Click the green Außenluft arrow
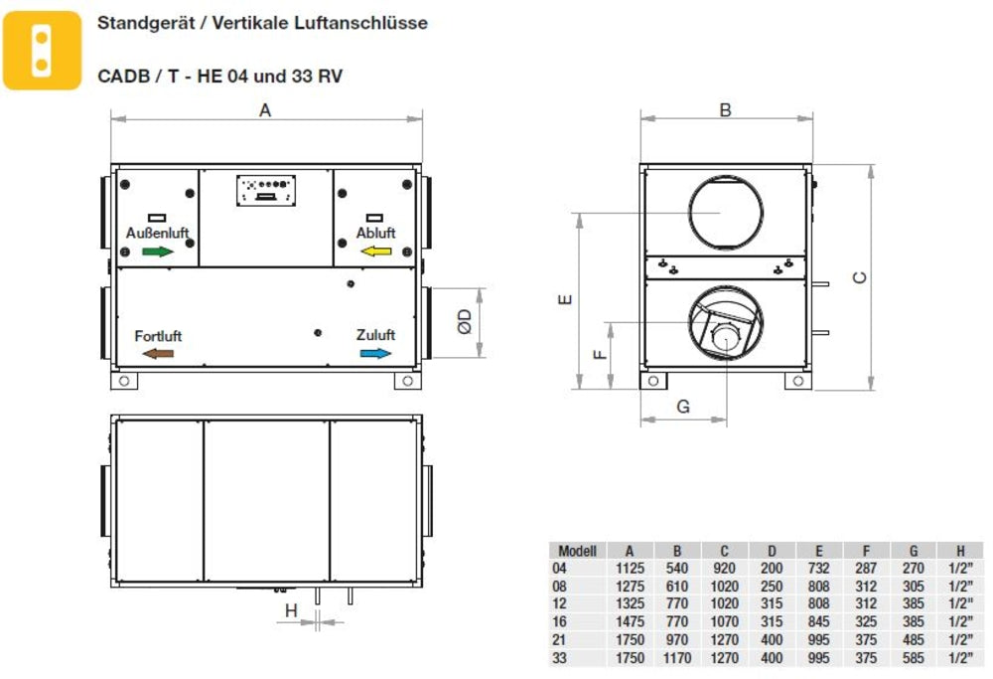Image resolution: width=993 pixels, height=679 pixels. point(158,252)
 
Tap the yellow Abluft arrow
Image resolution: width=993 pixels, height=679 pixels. point(376,252)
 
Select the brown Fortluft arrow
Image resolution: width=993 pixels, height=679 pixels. point(158,353)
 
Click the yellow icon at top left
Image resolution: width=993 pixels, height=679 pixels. point(41,50)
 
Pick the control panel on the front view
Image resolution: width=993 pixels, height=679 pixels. point(266,190)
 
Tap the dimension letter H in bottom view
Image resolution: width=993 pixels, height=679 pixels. point(291,610)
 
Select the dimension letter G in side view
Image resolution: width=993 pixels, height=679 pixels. point(682,406)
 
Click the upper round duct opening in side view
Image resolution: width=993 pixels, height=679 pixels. point(726,213)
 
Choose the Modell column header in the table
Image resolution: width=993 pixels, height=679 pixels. point(577,550)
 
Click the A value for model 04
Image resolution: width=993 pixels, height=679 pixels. point(631,568)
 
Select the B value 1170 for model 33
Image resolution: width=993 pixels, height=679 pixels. point(677,658)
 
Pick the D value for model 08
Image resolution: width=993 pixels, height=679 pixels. point(772,586)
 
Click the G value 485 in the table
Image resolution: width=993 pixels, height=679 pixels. point(914,639)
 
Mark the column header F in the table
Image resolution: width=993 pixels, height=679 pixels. point(866,550)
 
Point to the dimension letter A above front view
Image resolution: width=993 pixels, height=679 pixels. point(265,110)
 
